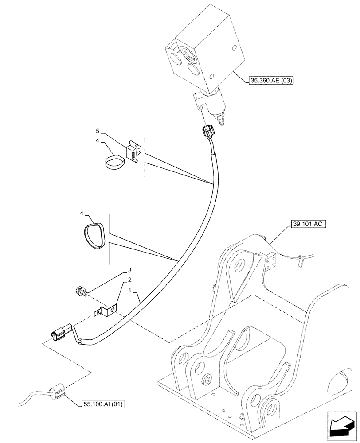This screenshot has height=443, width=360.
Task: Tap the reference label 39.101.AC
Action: [x=308, y=225]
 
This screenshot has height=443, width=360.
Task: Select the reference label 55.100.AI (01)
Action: [x=104, y=404]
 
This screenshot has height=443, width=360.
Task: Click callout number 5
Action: [x=98, y=132]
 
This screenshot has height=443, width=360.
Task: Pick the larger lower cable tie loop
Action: [x=95, y=233]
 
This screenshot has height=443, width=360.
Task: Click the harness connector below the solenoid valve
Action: [x=207, y=132]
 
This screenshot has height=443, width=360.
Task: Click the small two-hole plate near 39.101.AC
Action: [x=271, y=262]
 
